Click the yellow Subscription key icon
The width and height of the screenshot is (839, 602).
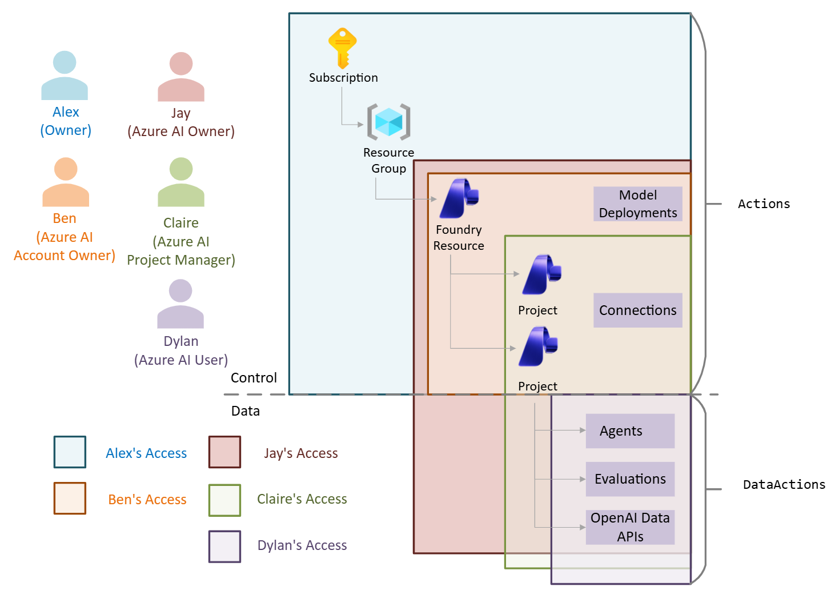click(x=343, y=48)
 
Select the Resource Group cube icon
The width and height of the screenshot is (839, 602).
click(x=388, y=122)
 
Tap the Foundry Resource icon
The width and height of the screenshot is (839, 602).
click(x=459, y=198)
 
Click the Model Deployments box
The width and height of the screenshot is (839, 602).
click(x=637, y=204)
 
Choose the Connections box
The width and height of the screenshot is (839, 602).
click(x=637, y=310)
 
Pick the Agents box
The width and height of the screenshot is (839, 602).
click(x=630, y=431)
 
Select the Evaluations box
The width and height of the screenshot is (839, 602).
click(x=630, y=479)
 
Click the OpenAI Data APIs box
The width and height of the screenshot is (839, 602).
click(x=630, y=527)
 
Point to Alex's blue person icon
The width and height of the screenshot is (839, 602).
click(x=65, y=75)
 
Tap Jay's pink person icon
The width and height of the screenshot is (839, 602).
click(x=181, y=77)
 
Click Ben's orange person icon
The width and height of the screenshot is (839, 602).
click(x=66, y=182)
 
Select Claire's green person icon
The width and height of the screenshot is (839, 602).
click(x=181, y=182)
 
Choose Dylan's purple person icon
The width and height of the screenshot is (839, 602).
click(x=180, y=304)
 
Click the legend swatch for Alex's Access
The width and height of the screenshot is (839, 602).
click(x=70, y=452)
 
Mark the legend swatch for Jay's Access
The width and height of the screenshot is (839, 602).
click(x=224, y=452)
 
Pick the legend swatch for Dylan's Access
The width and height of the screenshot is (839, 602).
click(x=224, y=547)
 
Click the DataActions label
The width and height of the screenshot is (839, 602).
click(x=784, y=485)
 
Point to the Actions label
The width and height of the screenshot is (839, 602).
click(x=764, y=204)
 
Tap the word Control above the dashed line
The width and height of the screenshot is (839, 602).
click(x=254, y=378)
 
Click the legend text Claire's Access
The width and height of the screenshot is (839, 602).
click(x=302, y=499)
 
